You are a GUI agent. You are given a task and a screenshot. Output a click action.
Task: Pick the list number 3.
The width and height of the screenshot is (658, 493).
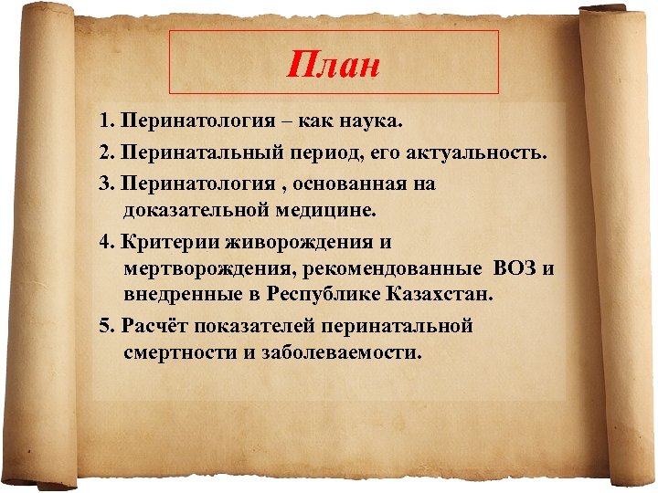[107, 184]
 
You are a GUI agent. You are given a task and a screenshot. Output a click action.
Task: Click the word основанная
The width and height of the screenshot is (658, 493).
[377, 184]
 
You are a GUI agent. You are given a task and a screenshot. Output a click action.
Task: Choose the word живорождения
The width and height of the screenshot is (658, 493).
[297, 243]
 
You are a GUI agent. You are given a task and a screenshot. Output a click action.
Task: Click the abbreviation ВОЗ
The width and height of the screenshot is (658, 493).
[514, 269]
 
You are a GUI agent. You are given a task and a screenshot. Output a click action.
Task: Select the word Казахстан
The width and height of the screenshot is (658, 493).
[440, 295]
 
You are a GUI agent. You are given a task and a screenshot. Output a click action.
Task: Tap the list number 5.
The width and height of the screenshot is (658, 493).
[107, 326]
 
